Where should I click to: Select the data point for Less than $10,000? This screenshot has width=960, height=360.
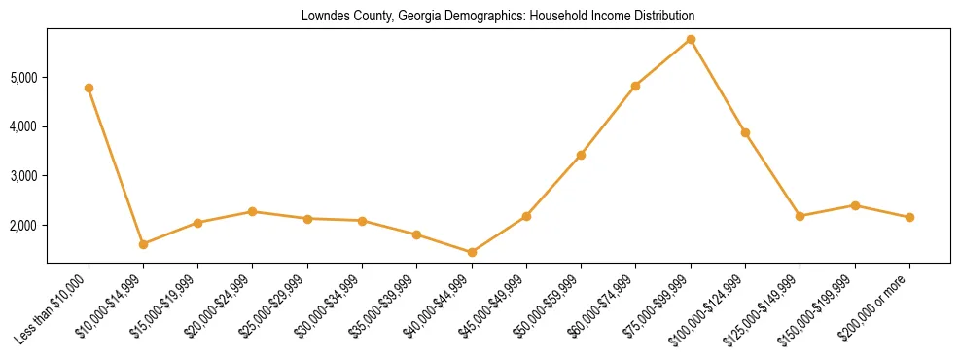tap(89, 88)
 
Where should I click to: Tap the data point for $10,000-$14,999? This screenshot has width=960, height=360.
tap(143, 244)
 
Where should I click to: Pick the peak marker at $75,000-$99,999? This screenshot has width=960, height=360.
tap(691, 39)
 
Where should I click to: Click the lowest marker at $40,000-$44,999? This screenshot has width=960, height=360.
tap(472, 252)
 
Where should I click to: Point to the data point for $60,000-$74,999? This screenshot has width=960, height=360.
tap(635, 86)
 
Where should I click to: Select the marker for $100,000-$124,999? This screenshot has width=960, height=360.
tap(745, 132)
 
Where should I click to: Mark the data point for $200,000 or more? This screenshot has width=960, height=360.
tap(909, 217)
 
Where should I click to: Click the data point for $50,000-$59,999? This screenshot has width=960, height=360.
tap(581, 155)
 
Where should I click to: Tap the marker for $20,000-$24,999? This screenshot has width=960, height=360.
tap(253, 211)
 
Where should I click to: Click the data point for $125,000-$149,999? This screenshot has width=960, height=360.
tap(800, 216)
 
